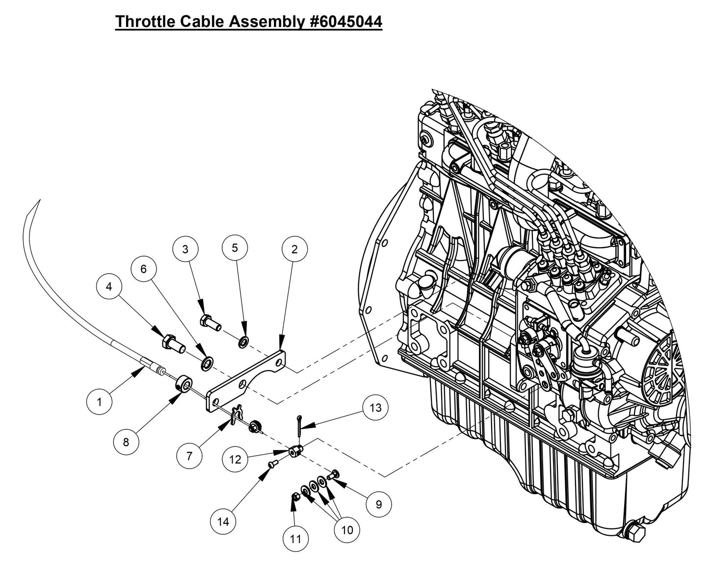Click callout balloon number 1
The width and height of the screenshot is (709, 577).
[x=99, y=402]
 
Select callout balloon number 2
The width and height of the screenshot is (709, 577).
[x=294, y=249]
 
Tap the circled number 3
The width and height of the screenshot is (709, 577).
[x=185, y=249]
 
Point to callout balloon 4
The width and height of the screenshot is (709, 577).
[x=109, y=287]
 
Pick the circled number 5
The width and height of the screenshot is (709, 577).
[x=235, y=248]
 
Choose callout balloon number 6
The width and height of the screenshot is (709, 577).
[x=143, y=269]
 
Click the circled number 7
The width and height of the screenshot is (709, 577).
[x=189, y=456]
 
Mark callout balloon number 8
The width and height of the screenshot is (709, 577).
[x=126, y=442]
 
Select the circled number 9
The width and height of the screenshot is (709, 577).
[x=378, y=503]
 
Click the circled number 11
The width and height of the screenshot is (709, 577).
[x=295, y=539]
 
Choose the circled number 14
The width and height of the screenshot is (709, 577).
[x=223, y=522]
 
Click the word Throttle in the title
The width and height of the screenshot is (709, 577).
[x=142, y=22]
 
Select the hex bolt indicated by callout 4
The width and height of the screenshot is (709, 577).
[x=172, y=341]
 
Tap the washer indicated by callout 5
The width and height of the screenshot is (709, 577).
[x=243, y=341]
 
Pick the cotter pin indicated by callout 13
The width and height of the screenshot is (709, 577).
[x=298, y=425]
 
